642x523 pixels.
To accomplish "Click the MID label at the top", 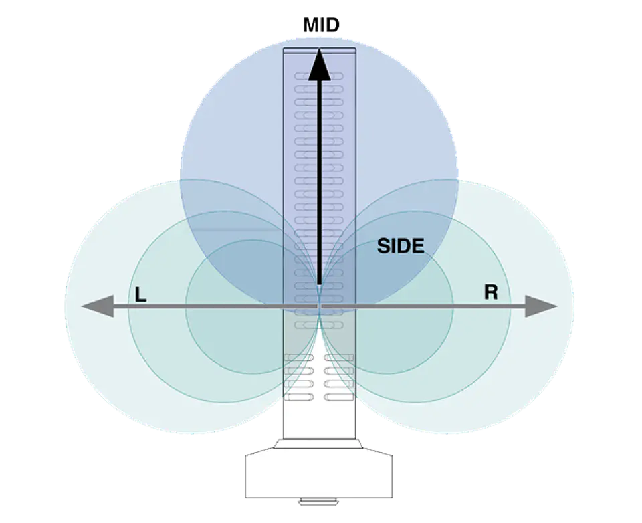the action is click(x=322, y=25).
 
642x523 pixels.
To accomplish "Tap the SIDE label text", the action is click(x=401, y=246).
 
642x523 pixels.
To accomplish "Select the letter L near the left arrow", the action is click(x=140, y=294).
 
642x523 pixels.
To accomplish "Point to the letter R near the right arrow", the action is click(x=491, y=292).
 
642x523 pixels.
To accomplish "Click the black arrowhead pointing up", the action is click(x=320, y=65).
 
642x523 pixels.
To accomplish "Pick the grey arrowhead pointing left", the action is click(x=98, y=306).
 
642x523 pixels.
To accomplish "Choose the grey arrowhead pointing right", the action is click(x=541, y=306).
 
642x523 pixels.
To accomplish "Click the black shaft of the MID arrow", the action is click(x=320, y=183).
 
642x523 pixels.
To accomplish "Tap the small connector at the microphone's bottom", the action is click(x=319, y=501).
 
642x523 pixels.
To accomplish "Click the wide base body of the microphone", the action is click(x=319, y=475).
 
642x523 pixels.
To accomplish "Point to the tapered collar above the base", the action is click(x=319, y=444).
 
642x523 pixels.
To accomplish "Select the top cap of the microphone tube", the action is click(x=320, y=50).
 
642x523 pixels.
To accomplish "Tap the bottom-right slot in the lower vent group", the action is click(x=339, y=397).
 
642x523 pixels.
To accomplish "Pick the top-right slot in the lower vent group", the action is click(x=339, y=358).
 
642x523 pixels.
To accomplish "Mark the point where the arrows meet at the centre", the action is click(x=320, y=306).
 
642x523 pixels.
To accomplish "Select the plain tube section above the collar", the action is click(x=320, y=420).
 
